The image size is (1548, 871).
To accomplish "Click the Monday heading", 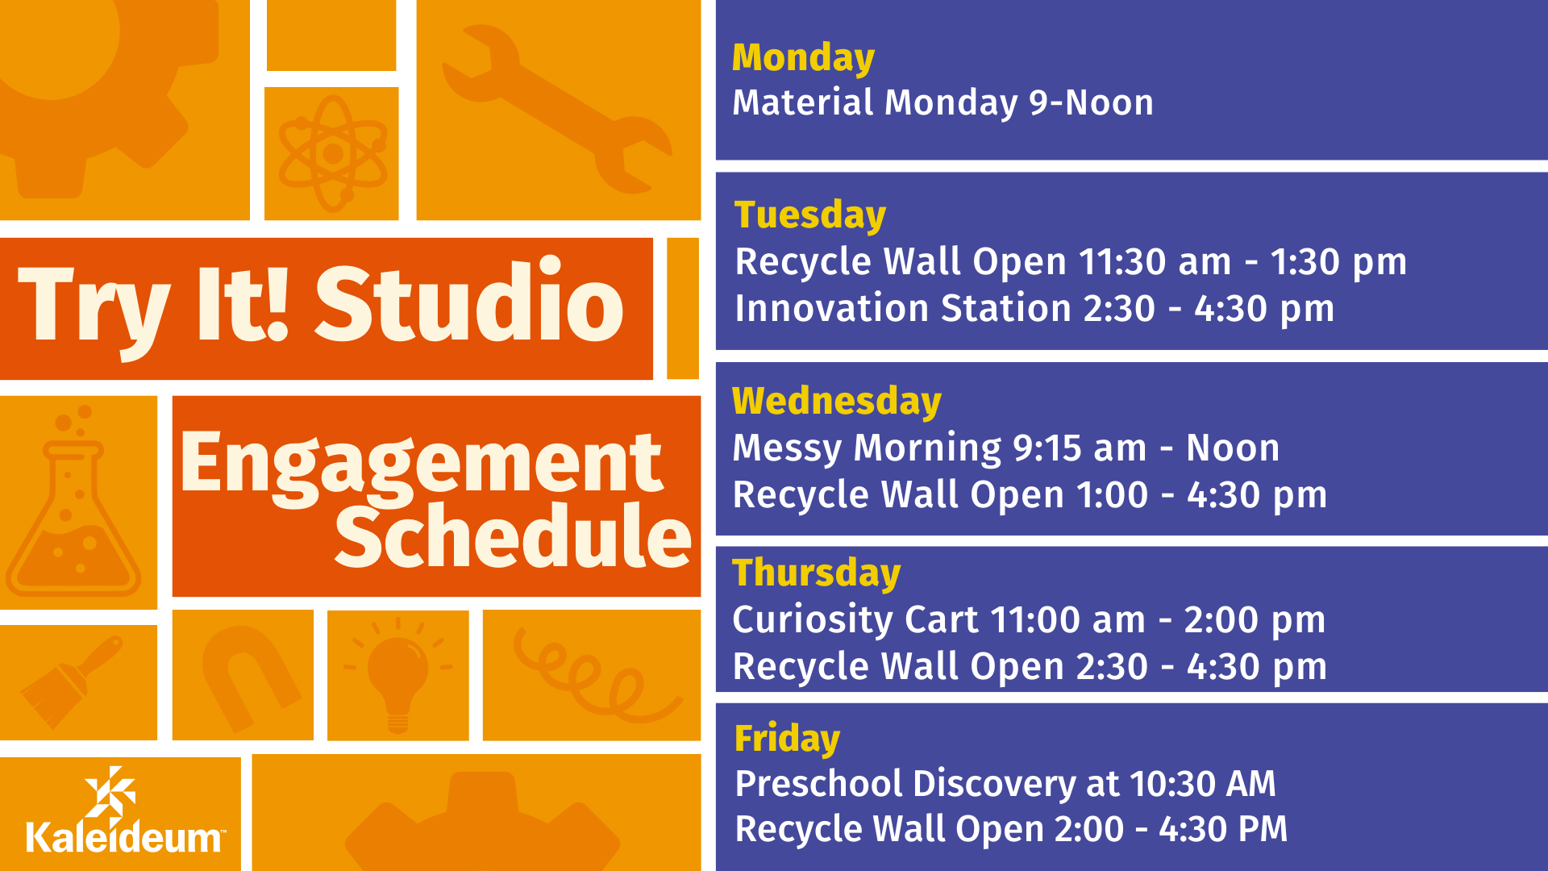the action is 803,59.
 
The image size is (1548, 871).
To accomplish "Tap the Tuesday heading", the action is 810,215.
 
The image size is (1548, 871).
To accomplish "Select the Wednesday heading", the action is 837,401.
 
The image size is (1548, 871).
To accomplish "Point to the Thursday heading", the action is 816,573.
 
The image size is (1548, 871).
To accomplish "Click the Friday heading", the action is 787,739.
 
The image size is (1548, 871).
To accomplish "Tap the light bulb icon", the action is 397,674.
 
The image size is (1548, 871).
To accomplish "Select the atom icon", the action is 333,153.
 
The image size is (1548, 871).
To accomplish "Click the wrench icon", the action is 556,109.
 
